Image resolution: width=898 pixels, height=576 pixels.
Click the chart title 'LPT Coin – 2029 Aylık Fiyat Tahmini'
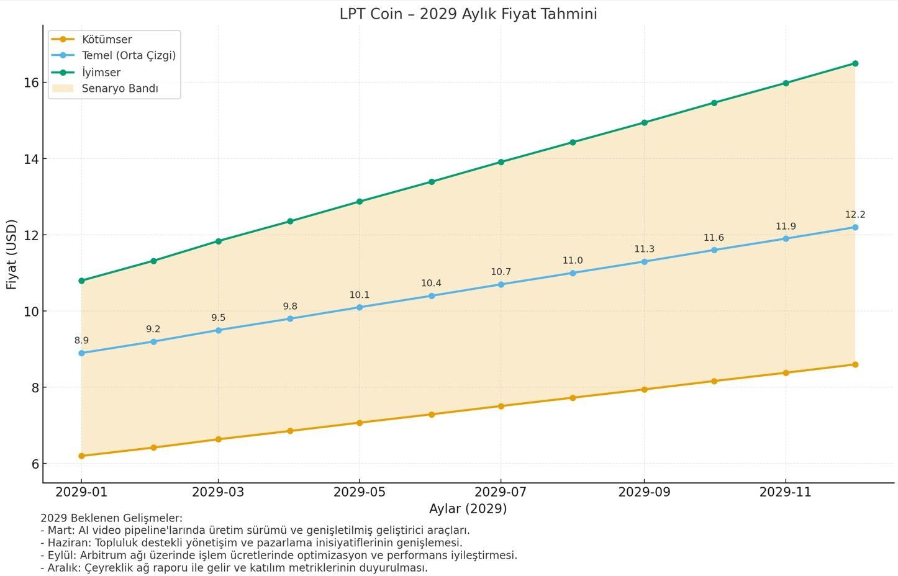point(468,14)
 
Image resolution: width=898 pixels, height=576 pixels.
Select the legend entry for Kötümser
point(106,40)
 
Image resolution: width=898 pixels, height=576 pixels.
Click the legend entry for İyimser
point(101,72)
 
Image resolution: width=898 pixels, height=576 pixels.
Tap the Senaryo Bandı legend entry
point(119,89)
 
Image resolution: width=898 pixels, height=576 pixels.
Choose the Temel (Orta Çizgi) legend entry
point(129,56)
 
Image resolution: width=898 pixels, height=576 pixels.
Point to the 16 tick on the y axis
point(31,83)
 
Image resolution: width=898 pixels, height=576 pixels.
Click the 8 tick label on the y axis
point(35,388)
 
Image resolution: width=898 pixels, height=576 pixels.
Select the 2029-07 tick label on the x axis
point(501,492)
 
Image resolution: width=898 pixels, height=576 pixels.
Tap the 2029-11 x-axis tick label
point(786,492)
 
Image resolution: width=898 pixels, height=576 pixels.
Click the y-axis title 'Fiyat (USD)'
point(11,254)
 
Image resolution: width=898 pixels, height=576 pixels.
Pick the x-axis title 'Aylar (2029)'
point(468,509)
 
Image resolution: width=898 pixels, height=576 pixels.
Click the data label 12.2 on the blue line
point(855,215)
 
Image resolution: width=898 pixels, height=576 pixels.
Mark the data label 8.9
point(81,341)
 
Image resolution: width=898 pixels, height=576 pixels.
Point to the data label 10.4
point(431,284)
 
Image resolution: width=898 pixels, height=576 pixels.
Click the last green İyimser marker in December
point(855,63)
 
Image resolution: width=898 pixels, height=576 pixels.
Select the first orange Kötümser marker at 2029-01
point(81,456)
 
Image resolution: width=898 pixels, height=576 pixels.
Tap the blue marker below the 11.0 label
point(573,273)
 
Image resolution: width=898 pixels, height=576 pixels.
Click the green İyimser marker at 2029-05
point(360,202)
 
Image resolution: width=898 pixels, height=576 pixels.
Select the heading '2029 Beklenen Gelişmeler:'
point(112,518)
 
